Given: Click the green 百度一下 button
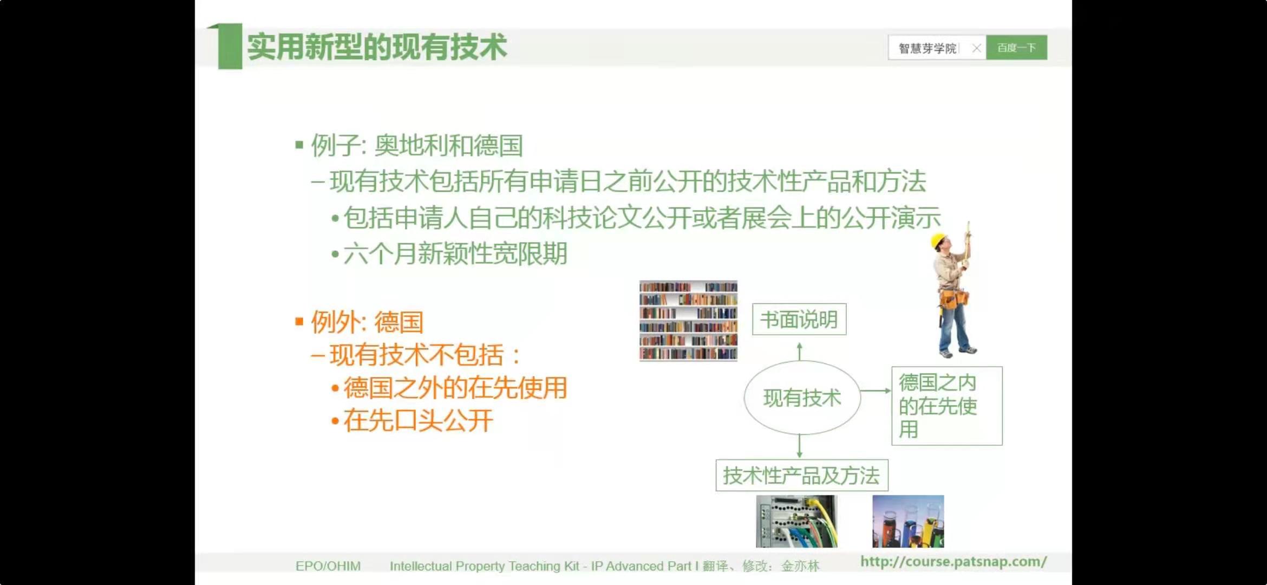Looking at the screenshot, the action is point(1016,48).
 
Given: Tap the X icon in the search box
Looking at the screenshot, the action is point(976,48).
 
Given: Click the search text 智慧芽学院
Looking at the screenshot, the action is point(928,48).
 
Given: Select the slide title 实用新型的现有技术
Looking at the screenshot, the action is point(377,47).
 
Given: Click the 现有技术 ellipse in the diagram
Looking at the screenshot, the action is point(802,398).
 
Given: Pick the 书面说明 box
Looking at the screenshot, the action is point(799,320).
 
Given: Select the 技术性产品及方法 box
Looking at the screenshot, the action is point(802,476).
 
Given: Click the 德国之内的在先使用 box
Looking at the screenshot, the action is point(947,406).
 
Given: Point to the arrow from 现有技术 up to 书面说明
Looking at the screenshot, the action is point(800,351).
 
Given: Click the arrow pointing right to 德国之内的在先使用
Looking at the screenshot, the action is point(876,391).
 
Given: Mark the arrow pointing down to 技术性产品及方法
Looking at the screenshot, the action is point(800,446).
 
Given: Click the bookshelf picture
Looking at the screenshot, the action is point(688,320).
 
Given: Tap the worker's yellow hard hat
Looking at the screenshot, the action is point(938,240).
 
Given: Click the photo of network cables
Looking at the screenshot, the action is point(796,521).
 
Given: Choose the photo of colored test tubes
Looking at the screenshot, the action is point(908,521).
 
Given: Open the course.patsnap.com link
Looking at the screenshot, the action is point(953,562).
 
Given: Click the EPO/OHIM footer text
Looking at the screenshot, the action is point(328,566).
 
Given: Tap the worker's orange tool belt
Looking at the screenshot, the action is point(953,299).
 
